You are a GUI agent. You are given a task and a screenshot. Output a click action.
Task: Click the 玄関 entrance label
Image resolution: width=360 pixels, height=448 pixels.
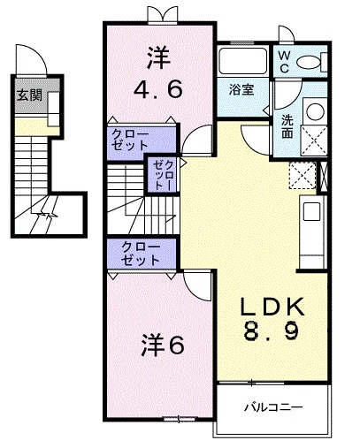[29, 95]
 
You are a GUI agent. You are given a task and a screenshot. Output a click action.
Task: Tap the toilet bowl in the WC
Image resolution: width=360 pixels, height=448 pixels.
[308, 63]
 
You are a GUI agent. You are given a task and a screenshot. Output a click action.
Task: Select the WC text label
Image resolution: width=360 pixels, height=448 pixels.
[284, 62]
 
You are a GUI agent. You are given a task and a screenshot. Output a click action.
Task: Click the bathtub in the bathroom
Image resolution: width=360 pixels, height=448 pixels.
[242, 60]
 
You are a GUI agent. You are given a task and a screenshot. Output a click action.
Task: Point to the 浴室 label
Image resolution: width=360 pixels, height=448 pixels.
[241, 89]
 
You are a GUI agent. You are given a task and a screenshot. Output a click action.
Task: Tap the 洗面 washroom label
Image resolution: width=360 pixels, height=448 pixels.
[287, 126]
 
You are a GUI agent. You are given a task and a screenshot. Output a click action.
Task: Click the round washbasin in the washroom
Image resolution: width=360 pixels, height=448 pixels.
[315, 111]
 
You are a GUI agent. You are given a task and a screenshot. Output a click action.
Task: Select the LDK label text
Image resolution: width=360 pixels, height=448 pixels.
[272, 307]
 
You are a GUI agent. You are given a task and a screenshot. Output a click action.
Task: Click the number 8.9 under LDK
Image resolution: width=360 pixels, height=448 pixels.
[271, 330]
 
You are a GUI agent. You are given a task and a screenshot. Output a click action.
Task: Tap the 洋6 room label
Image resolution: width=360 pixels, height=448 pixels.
[163, 345]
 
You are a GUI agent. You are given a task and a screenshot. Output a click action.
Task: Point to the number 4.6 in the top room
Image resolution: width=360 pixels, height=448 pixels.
[157, 89]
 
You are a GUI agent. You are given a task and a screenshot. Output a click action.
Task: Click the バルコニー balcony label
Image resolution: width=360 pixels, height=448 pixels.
[273, 407]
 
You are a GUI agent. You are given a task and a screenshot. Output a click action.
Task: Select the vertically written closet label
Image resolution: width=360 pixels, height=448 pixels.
[163, 175]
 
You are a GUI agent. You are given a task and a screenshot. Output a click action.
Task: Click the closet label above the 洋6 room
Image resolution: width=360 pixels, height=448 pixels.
[141, 254]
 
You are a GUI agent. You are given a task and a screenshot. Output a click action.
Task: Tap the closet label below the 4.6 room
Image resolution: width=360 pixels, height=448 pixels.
[130, 140]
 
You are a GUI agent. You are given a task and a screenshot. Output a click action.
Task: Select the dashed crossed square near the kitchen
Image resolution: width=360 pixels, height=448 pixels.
[303, 175]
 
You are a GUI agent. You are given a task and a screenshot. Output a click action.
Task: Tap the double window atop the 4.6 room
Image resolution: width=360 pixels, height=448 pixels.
[163, 15]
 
